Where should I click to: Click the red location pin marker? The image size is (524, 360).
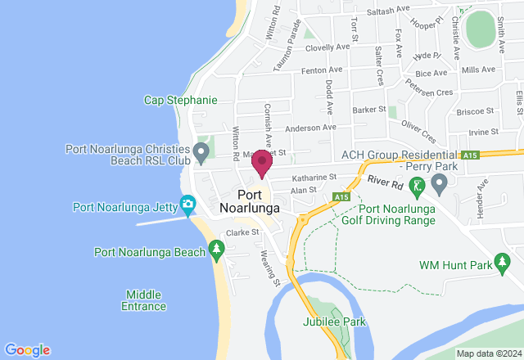[x=262, y=163]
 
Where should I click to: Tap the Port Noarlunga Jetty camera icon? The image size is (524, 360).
[x=188, y=203]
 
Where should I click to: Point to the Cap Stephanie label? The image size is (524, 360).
[x=180, y=100]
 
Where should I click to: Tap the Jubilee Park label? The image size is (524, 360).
[x=334, y=322]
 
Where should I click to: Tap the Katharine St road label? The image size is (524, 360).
[x=315, y=177]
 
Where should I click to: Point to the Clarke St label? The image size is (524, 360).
[x=242, y=232]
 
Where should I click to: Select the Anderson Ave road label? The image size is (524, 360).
[x=311, y=128]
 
